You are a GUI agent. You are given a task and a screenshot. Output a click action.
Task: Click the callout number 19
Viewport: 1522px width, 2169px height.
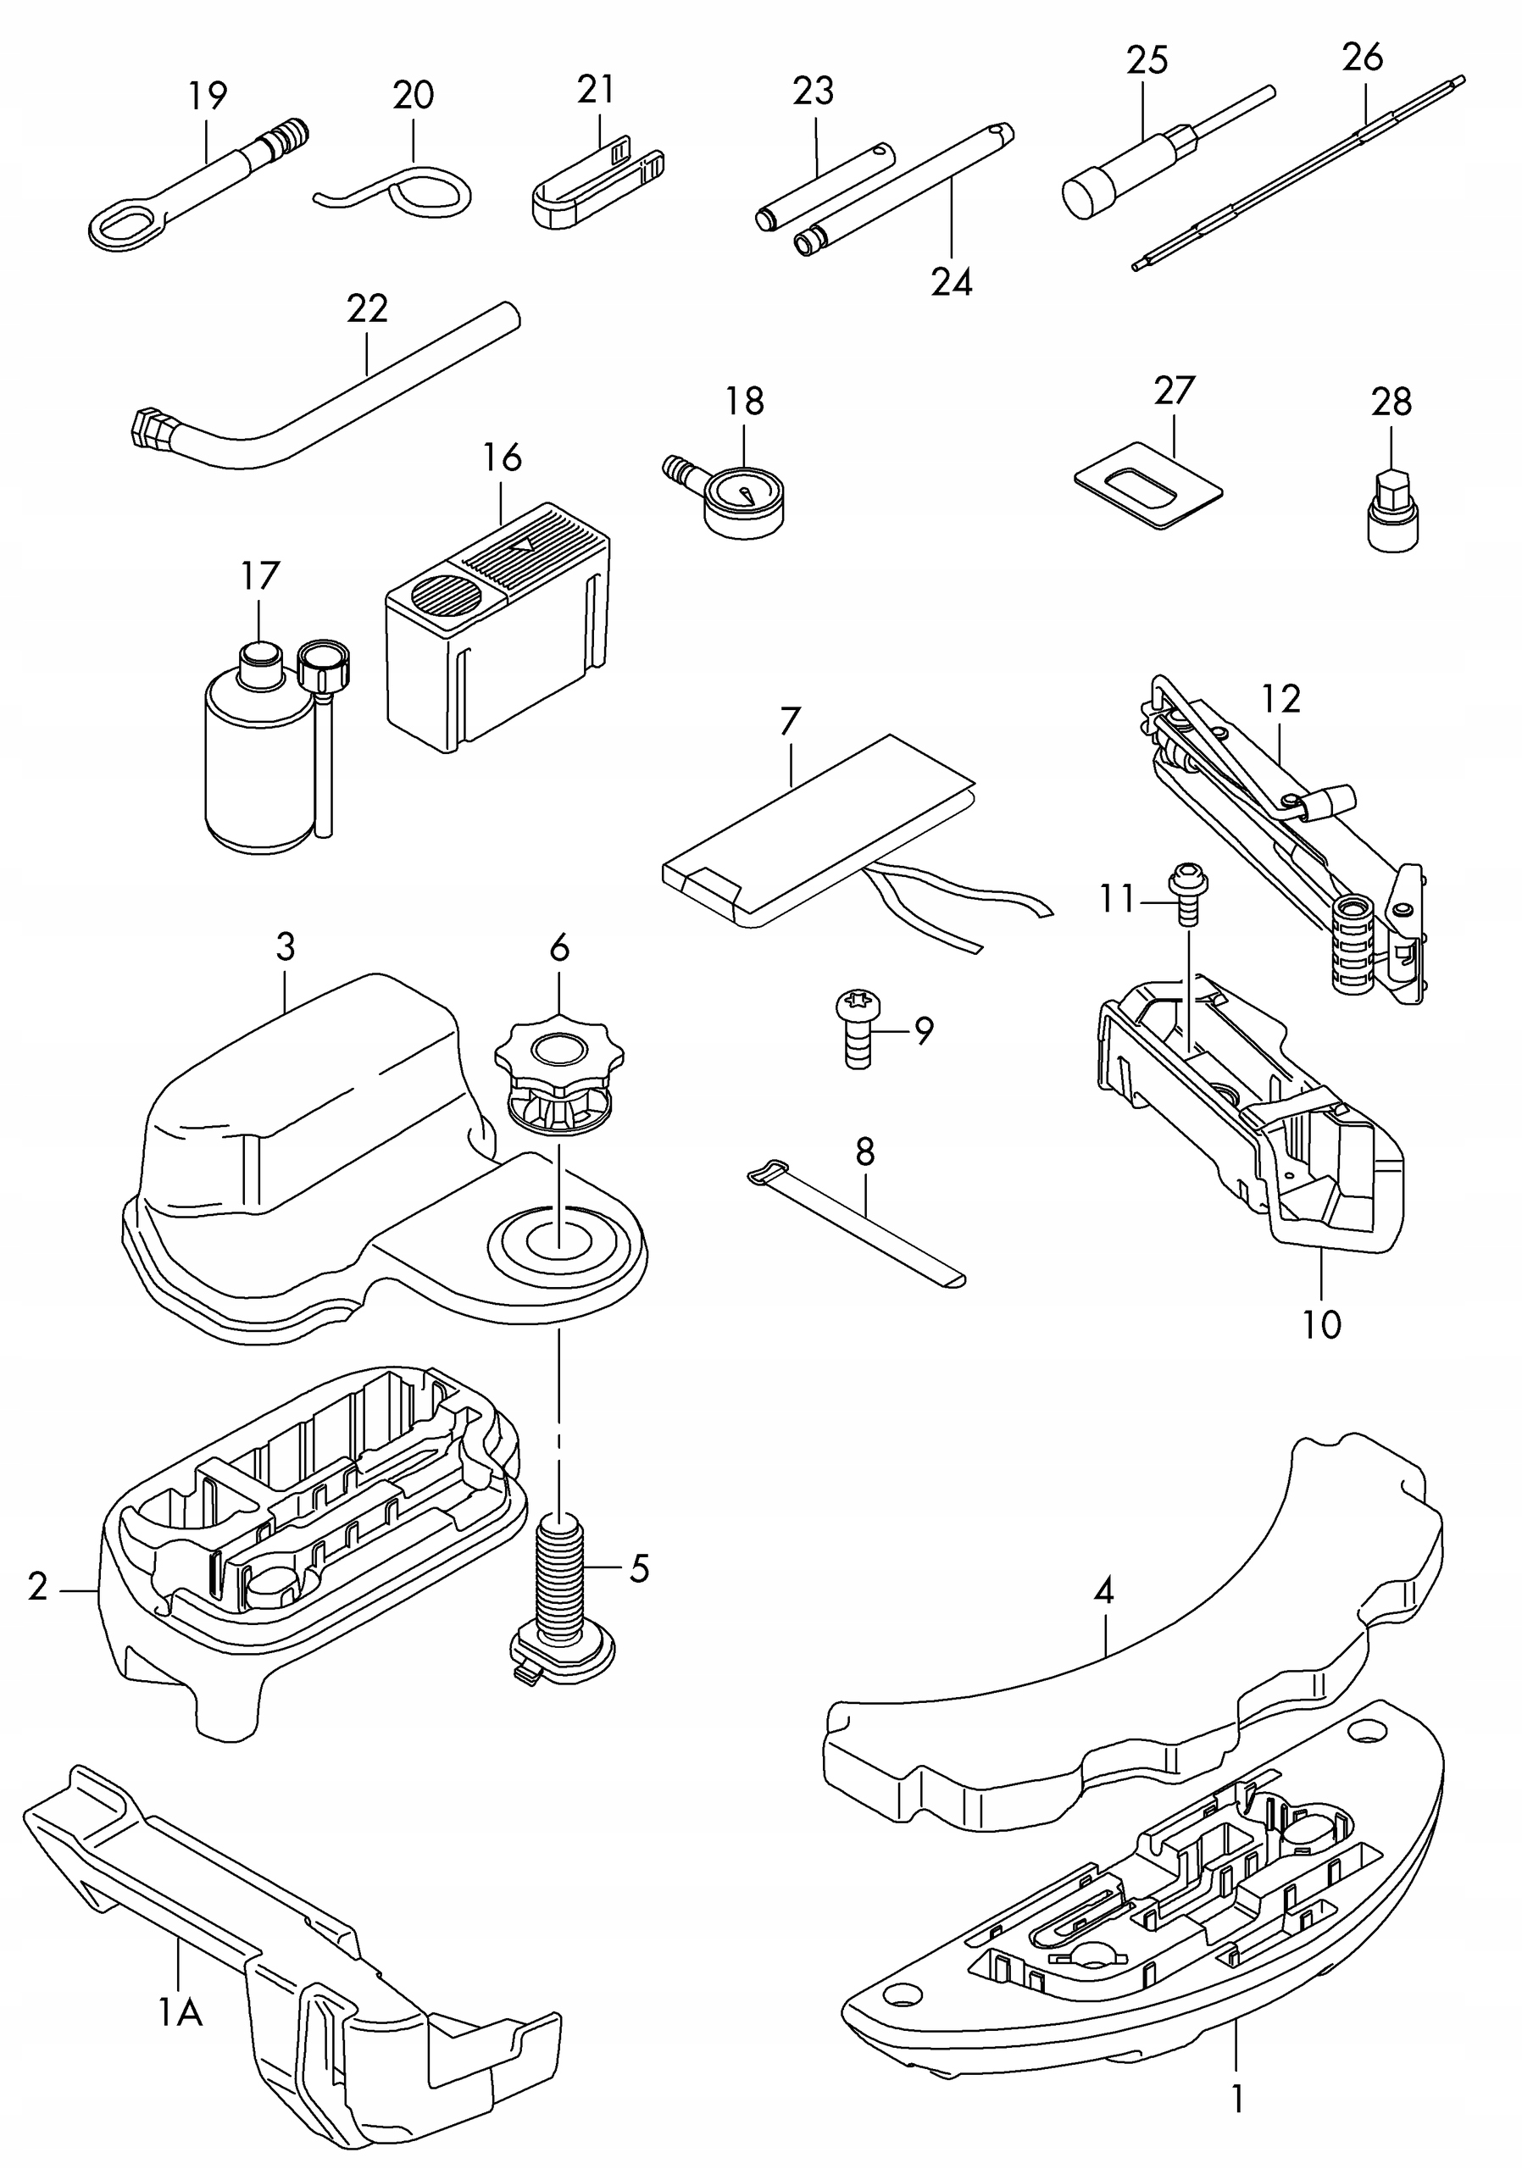[x=208, y=97]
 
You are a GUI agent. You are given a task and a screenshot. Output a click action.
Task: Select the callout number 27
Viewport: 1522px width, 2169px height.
[x=1175, y=390]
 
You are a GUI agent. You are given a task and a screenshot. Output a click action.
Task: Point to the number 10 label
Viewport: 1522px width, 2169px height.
[x=1321, y=1324]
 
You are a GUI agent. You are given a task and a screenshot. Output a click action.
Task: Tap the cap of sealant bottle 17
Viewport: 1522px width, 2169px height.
[x=260, y=655]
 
